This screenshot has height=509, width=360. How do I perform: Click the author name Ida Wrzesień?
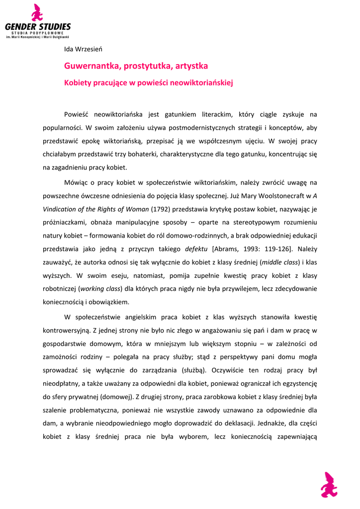tap(83, 49)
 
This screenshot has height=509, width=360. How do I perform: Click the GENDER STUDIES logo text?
tap(38, 26)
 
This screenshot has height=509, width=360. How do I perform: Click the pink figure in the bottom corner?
tap(329, 484)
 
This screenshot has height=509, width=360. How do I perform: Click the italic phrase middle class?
tap(279, 262)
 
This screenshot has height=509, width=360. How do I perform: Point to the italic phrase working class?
tap(100, 289)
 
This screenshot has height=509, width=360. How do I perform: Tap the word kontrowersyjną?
tap(67, 329)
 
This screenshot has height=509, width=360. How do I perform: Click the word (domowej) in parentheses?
tap(115, 397)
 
